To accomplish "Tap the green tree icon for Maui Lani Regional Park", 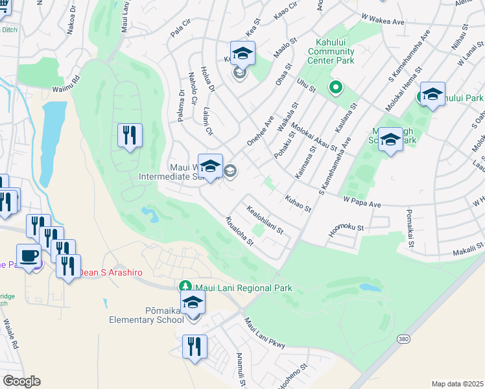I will coord(185,287).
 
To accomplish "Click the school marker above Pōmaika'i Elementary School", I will coord(193,303).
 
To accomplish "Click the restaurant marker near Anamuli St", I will coord(195,347).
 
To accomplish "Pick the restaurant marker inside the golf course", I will coord(130,136).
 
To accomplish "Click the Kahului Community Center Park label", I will coord(331,51).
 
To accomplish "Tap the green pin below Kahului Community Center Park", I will coord(335,87).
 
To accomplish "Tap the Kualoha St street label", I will coord(239,231).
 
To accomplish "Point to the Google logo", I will coord(21,381).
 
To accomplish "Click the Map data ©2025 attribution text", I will coord(457,383).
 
